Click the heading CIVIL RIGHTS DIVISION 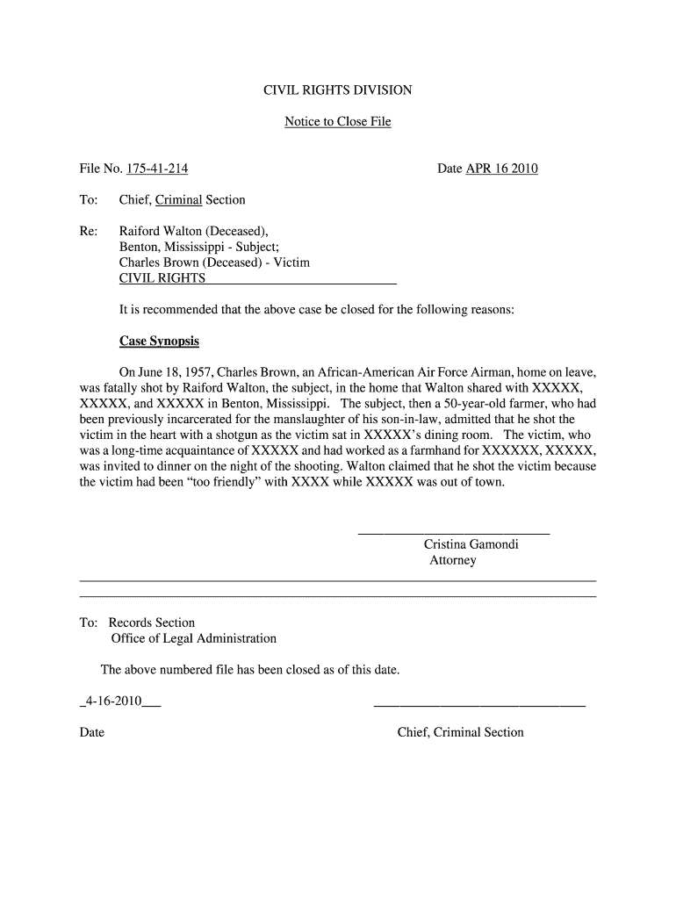pyautogui.click(x=338, y=90)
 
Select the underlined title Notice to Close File pyautogui.click(x=338, y=121)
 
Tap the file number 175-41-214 pyautogui.click(x=157, y=169)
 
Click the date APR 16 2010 pyautogui.click(x=501, y=169)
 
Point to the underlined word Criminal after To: pyautogui.click(x=179, y=200)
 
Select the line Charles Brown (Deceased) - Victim pyautogui.click(x=214, y=263)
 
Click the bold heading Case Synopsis pyautogui.click(x=159, y=341)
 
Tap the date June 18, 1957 pyautogui.click(x=181, y=371)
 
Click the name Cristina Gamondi pyautogui.click(x=471, y=544)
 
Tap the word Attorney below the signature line pyautogui.click(x=453, y=560)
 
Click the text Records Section pyautogui.click(x=152, y=622)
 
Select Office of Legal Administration pyautogui.click(x=193, y=638)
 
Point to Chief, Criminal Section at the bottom pyautogui.click(x=460, y=732)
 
